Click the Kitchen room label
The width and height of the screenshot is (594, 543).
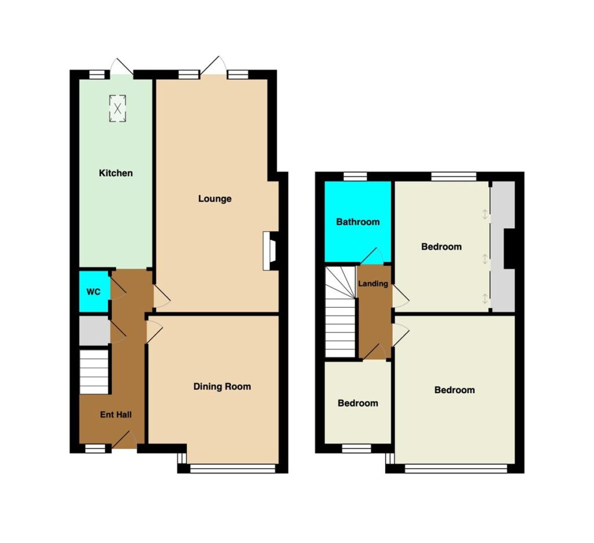click(x=115, y=173)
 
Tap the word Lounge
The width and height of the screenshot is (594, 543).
click(x=215, y=199)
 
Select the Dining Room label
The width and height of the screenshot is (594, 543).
click(x=222, y=386)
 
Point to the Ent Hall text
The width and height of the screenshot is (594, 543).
click(x=115, y=415)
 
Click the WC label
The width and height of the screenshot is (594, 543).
click(x=93, y=292)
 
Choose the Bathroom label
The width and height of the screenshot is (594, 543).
click(x=358, y=222)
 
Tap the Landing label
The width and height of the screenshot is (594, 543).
click(x=373, y=283)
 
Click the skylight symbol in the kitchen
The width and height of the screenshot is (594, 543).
click(x=117, y=109)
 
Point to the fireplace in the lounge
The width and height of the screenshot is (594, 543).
click(x=270, y=251)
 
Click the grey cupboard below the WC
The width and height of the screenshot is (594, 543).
click(x=94, y=330)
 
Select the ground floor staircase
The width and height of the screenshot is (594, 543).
click(x=94, y=372)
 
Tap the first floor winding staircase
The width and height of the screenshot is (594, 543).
click(x=341, y=311)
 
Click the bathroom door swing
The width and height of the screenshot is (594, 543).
click(x=372, y=256)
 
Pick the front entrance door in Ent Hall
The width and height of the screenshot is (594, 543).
click(x=125, y=440)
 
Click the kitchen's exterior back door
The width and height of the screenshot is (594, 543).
click(x=122, y=69)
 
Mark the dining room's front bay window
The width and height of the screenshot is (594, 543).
click(x=232, y=469)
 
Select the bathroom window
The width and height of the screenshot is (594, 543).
click(x=356, y=177)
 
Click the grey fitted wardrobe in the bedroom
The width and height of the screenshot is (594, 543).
click(x=503, y=246)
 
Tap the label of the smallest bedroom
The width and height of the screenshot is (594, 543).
click(x=358, y=403)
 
